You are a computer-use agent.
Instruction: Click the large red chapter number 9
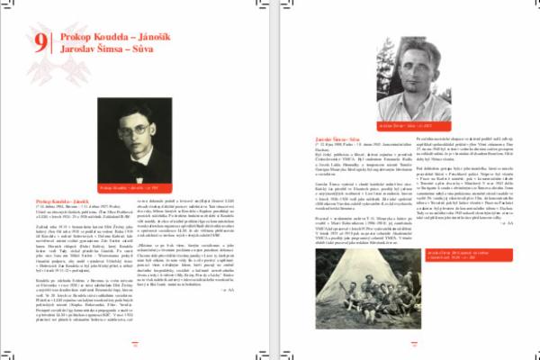tap(42, 42)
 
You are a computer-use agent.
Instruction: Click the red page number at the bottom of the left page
tap(133, 343)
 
